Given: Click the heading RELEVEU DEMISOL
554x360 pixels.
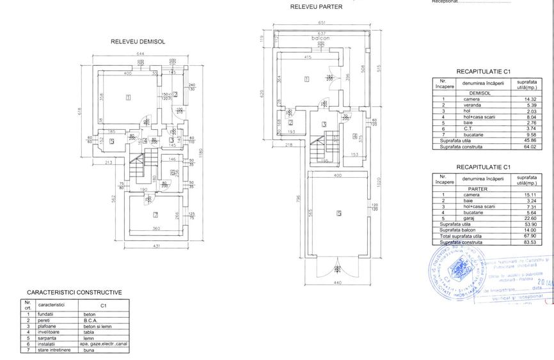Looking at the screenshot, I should (x=138, y=42).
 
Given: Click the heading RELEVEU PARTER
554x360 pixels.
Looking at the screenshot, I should (x=316, y=7).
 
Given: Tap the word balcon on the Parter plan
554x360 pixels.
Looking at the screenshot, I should (x=320, y=38).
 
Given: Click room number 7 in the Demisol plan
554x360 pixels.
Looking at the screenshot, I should (x=155, y=215).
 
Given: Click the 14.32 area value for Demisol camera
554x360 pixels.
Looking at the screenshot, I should (x=529, y=99).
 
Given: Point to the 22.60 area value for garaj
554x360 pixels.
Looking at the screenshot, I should (x=529, y=218).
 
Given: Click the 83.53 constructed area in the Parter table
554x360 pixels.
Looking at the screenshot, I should (x=529, y=242).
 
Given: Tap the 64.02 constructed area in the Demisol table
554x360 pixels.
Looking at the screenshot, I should (x=529, y=146).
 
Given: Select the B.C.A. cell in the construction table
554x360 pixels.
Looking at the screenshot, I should (x=90, y=320).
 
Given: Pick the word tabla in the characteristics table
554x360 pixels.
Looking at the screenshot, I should (x=89, y=332).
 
